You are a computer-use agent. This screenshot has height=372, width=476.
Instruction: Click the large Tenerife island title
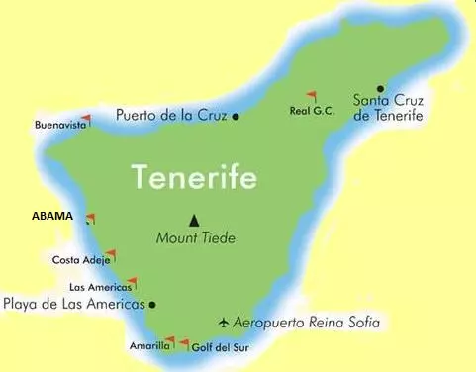point(194,178)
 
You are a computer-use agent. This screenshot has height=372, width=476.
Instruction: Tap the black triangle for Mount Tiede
point(194,220)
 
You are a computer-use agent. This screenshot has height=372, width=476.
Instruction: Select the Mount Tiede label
point(196,237)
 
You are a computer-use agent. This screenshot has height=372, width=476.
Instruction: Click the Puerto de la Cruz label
point(170,115)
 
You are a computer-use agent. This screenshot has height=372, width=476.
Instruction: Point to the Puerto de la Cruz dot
point(236,116)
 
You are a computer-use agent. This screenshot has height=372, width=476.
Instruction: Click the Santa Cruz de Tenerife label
point(388,107)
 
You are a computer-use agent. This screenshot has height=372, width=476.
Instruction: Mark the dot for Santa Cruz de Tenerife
point(381,88)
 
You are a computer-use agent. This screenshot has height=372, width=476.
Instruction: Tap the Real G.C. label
point(312,112)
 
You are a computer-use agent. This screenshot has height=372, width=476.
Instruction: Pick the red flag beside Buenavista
point(86,120)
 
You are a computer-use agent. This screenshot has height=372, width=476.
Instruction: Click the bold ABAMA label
point(51,216)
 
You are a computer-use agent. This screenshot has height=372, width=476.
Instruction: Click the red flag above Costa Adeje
point(110,254)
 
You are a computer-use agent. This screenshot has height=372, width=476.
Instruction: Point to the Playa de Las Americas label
point(74,304)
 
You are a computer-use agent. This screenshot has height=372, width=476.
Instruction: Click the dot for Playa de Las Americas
point(152,305)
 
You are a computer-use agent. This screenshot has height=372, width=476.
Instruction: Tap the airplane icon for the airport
point(225,323)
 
